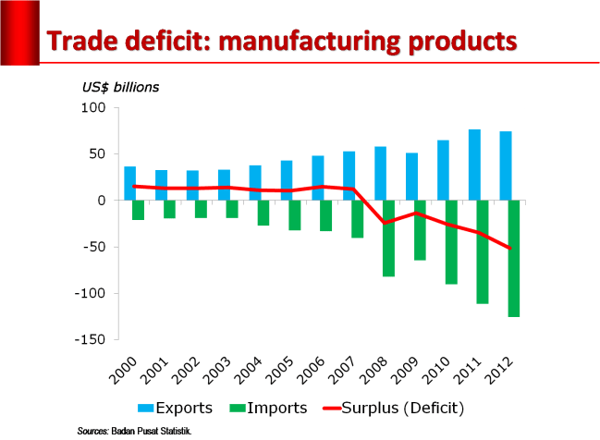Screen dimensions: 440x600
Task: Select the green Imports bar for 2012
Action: [513, 258]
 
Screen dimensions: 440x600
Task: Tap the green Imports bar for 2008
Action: [388, 238]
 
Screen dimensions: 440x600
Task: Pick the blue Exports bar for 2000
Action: [130, 183]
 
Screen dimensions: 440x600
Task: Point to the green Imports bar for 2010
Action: [451, 241]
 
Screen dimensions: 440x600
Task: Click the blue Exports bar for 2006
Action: [318, 177]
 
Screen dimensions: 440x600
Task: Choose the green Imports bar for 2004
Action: [263, 213]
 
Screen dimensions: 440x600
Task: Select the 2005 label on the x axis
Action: [281, 369]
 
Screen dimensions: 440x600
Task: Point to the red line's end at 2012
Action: [509, 248]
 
